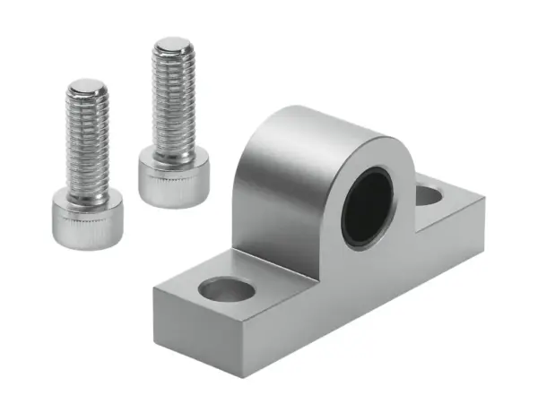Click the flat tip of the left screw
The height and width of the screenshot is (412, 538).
[x=88, y=87]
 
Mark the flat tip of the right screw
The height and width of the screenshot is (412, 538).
[x=173, y=43]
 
